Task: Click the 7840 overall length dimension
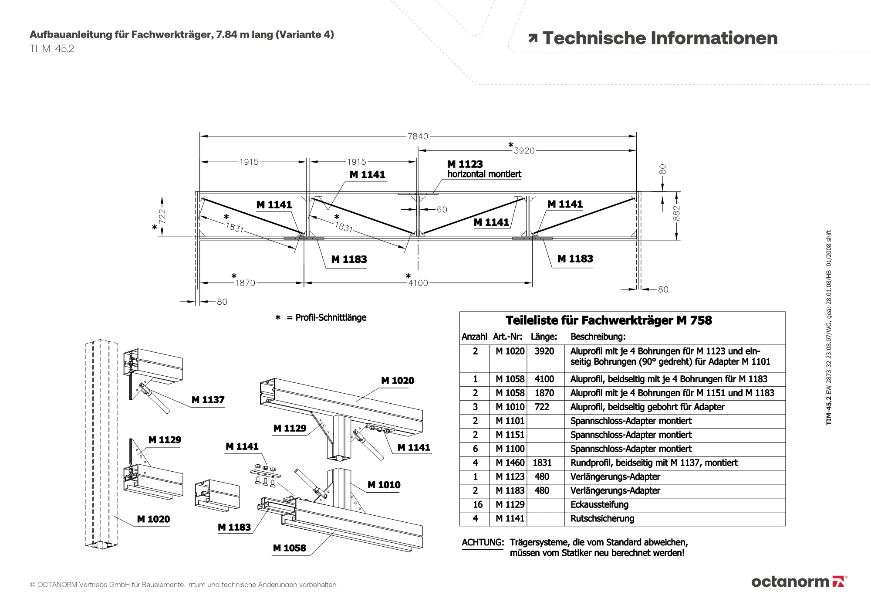pyautogui.click(x=417, y=136)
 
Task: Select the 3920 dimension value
pyautogui.click(x=524, y=151)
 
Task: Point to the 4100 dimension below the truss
pyautogui.click(x=418, y=283)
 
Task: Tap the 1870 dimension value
pyautogui.click(x=245, y=283)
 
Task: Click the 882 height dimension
pyautogui.click(x=676, y=213)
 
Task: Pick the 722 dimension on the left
pyautogui.click(x=162, y=216)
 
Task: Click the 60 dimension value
pyautogui.click(x=442, y=210)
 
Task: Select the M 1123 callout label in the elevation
pyautogui.click(x=465, y=164)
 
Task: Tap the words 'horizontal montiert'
pyautogui.click(x=484, y=174)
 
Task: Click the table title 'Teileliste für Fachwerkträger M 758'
pyautogui.click(x=608, y=321)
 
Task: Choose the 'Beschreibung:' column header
pyautogui.click(x=598, y=337)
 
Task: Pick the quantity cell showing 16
pyautogui.click(x=477, y=505)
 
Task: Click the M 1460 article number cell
pyautogui.click(x=510, y=463)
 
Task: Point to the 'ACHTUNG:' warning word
pyautogui.click(x=483, y=543)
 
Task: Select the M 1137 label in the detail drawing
pyautogui.click(x=208, y=400)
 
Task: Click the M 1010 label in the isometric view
pyautogui.click(x=384, y=485)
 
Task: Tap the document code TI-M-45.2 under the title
pyautogui.click(x=52, y=49)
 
